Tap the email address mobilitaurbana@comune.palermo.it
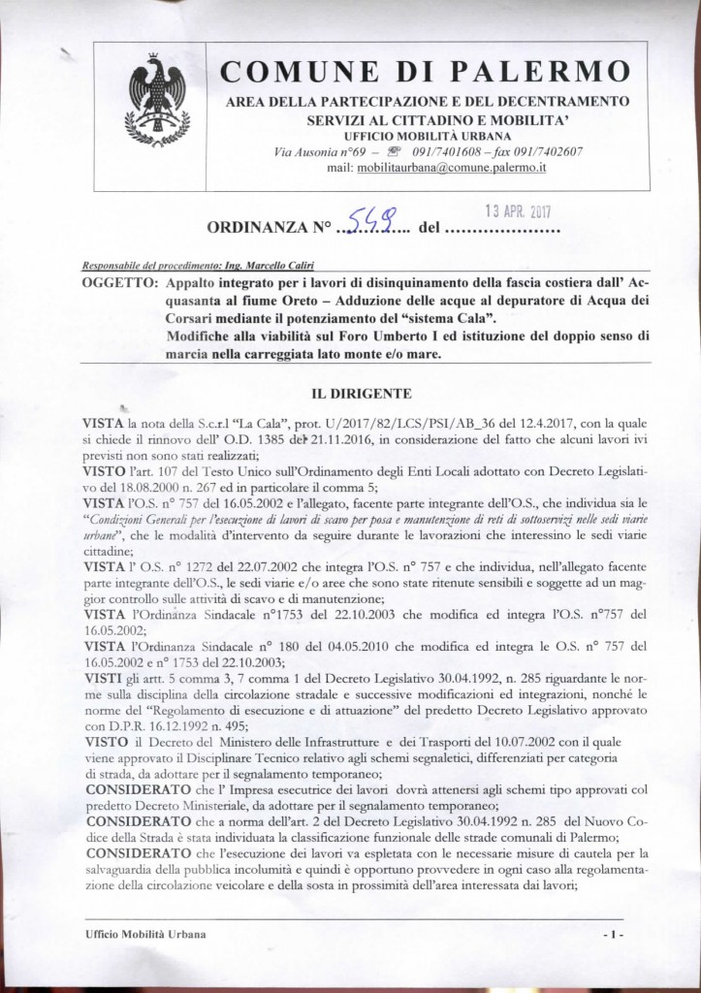(x=438, y=167)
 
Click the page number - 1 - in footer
(x=611, y=934)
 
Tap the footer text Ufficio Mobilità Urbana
(x=144, y=934)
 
